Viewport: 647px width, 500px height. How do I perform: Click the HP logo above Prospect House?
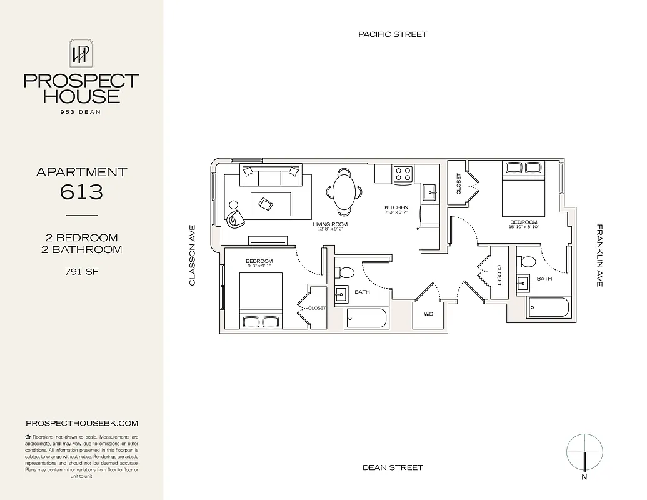(81, 54)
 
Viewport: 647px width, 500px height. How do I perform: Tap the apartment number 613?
(81, 192)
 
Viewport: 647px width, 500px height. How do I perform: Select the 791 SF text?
(81, 271)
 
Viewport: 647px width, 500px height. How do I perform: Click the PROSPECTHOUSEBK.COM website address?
(81, 423)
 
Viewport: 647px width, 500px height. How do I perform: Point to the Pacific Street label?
(393, 34)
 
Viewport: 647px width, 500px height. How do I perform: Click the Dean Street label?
(393, 467)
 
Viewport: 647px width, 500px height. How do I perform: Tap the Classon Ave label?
(193, 256)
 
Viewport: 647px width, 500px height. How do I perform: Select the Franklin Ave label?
(599, 256)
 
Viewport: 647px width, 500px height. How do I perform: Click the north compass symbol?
(584, 452)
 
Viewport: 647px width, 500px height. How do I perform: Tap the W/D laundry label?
(428, 314)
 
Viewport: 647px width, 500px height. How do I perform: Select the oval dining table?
(344, 192)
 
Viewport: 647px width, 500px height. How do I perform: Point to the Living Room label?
(330, 224)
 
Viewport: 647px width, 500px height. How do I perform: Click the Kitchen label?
(396, 207)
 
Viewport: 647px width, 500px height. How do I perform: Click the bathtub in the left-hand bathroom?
(367, 318)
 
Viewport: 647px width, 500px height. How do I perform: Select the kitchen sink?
(429, 192)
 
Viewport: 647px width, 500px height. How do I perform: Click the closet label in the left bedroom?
(317, 308)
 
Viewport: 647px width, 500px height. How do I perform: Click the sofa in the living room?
(271, 177)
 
